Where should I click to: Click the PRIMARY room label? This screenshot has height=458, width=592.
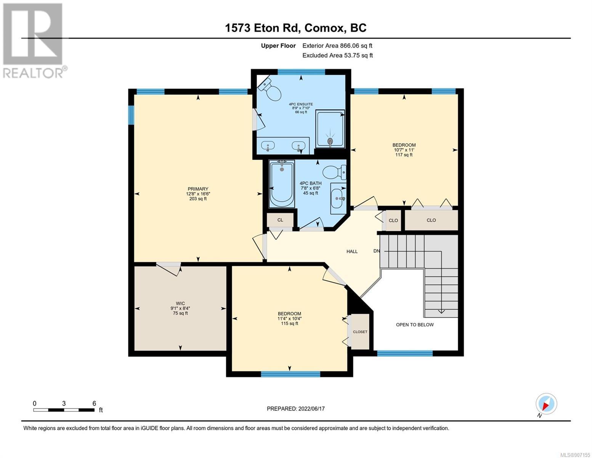(198, 189)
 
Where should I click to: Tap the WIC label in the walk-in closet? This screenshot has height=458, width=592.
(180, 303)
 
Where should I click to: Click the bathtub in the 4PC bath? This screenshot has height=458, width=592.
(282, 184)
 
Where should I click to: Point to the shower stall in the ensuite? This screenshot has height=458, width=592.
(330, 129)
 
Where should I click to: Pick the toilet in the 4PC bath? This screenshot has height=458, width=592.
(334, 173)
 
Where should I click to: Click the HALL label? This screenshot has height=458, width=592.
(352, 252)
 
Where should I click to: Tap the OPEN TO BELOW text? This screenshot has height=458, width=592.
(415, 325)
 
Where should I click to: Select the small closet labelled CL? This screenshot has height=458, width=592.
(280, 220)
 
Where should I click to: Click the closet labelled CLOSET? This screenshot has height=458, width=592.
(360, 332)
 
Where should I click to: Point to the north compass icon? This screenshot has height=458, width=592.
(546, 404)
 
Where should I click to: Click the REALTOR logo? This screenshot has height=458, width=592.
(34, 40)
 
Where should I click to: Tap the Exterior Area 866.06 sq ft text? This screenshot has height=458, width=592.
(337, 46)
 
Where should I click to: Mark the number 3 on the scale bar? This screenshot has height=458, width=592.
(64, 403)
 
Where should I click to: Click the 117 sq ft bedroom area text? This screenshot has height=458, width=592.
(404, 155)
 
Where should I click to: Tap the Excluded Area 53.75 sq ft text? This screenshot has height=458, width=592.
(337, 55)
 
